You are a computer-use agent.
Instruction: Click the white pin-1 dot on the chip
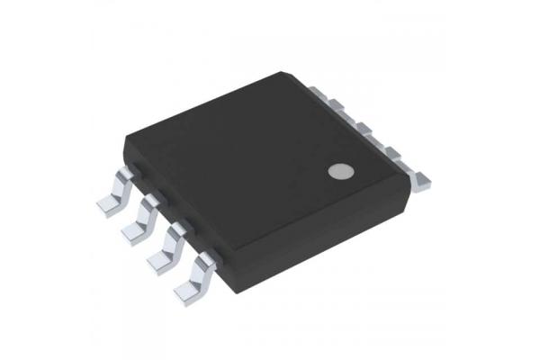pyautogui.click(x=337, y=171)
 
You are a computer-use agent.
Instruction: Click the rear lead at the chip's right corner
pyautogui.click(x=421, y=177)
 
